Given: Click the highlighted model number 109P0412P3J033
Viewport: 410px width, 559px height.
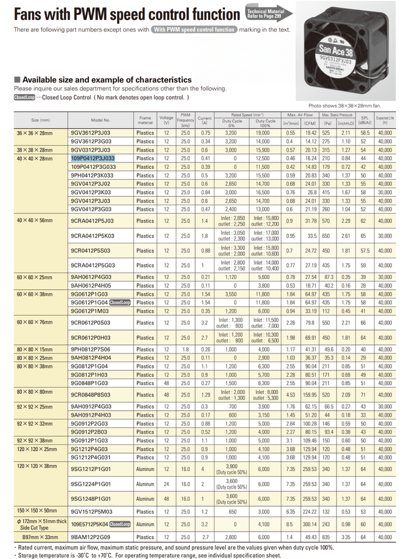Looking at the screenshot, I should point(93,158).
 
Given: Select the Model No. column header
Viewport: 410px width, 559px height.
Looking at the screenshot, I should point(100,120).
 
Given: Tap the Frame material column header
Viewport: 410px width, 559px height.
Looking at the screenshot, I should point(145,120).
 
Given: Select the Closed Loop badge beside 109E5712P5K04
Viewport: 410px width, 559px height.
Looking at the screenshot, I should point(119,524).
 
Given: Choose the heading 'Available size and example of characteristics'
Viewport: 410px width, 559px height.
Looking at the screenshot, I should point(102,79).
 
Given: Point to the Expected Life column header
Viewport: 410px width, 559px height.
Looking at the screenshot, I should point(385,120).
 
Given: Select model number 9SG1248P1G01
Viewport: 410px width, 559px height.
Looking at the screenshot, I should point(91,499).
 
